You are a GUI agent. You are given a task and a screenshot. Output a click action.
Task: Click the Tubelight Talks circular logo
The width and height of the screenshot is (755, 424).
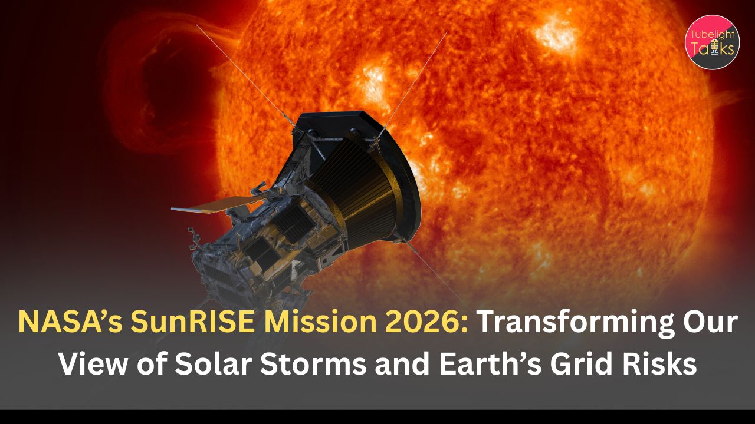coord(712,42)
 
